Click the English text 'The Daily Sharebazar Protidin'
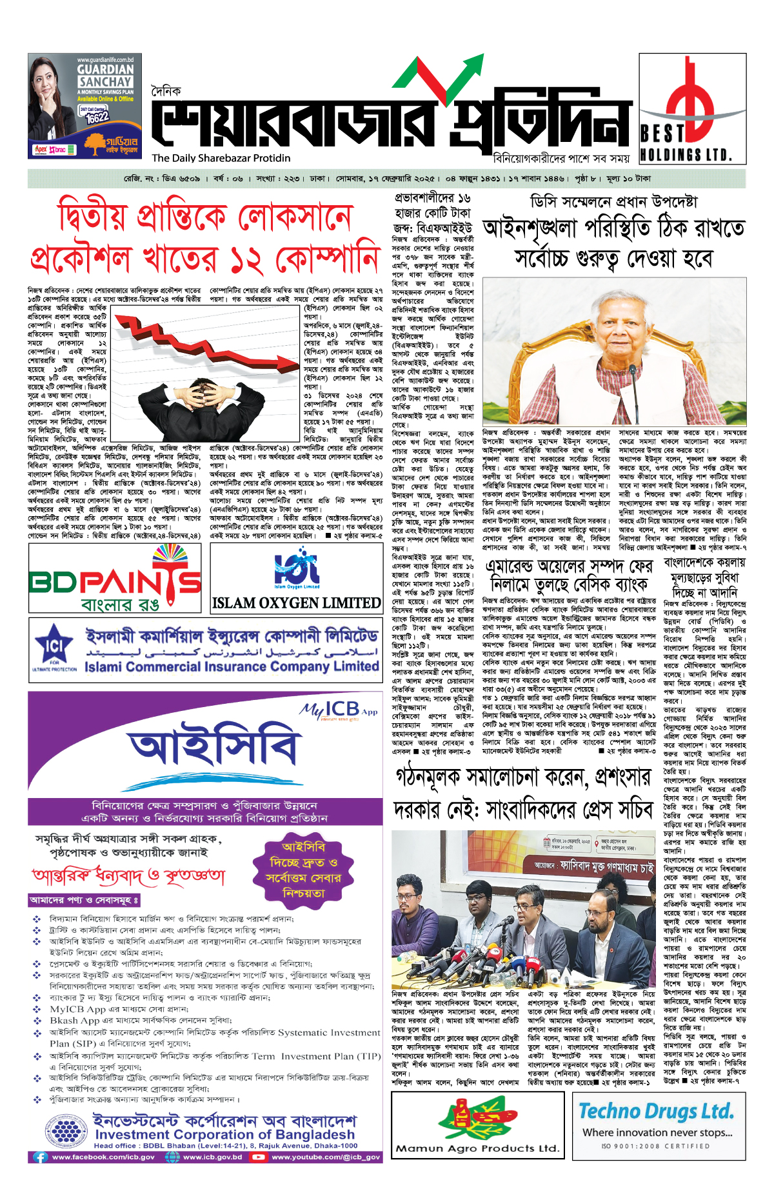(221, 158)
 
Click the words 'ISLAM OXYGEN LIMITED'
(296, 603)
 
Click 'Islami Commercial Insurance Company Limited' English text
(232, 666)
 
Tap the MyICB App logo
(339, 710)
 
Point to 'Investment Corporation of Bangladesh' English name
(224, 1134)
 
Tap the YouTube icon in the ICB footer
(259, 1157)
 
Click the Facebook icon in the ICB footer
(41, 1157)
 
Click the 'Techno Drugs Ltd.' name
(656, 1111)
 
